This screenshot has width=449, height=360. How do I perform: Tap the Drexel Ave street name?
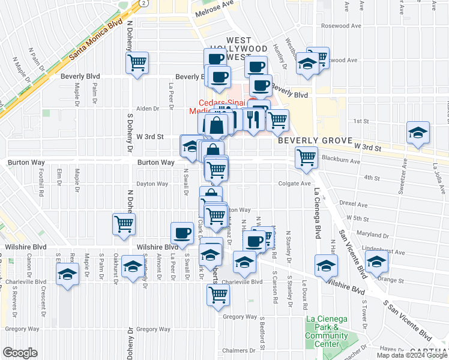click(x=353, y=203)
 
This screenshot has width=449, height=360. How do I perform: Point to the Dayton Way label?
click(x=152, y=184)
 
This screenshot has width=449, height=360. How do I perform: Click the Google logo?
click(x=20, y=352)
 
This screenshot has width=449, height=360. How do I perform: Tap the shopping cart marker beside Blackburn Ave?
click(x=306, y=158)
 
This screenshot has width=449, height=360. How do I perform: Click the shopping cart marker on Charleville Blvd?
click(x=217, y=293)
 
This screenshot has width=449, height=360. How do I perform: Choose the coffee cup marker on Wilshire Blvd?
click(x=181, y=232)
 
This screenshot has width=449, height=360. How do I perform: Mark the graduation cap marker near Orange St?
click(x=377, y=263)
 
